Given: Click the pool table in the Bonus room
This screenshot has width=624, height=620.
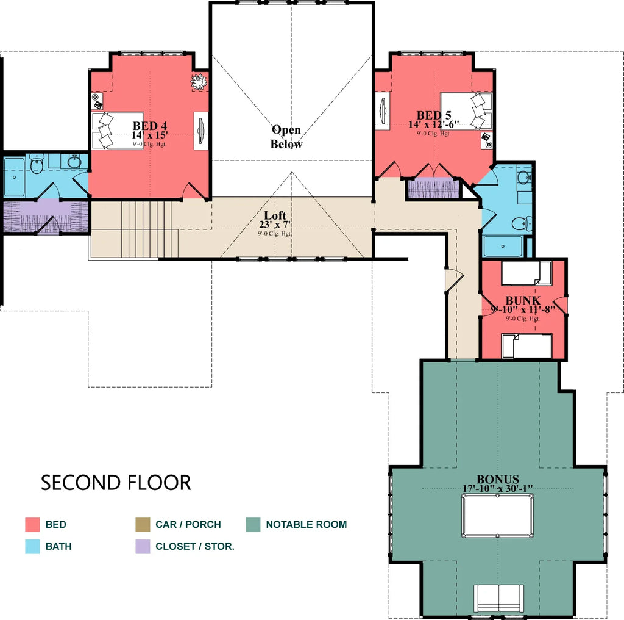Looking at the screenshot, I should (497, 516).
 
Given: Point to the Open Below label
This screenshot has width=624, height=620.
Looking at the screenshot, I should (286, 137).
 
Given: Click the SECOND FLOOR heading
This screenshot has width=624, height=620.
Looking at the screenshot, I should (116, 483).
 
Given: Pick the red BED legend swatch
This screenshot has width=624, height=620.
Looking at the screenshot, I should (32, 525).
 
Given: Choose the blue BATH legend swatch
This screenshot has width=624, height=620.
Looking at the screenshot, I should (32, 546).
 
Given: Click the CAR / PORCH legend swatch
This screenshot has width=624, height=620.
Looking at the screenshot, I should (142, 525).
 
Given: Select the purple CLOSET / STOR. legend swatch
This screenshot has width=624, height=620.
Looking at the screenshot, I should (142, 546).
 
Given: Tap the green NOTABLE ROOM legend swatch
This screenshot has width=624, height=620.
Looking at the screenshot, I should (253, 525).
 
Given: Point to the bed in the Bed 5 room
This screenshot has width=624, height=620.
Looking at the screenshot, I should (466, 110).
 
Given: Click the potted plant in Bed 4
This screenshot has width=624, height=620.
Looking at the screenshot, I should (199, 81).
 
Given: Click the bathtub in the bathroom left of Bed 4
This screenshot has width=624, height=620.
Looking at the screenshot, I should (13, 178).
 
